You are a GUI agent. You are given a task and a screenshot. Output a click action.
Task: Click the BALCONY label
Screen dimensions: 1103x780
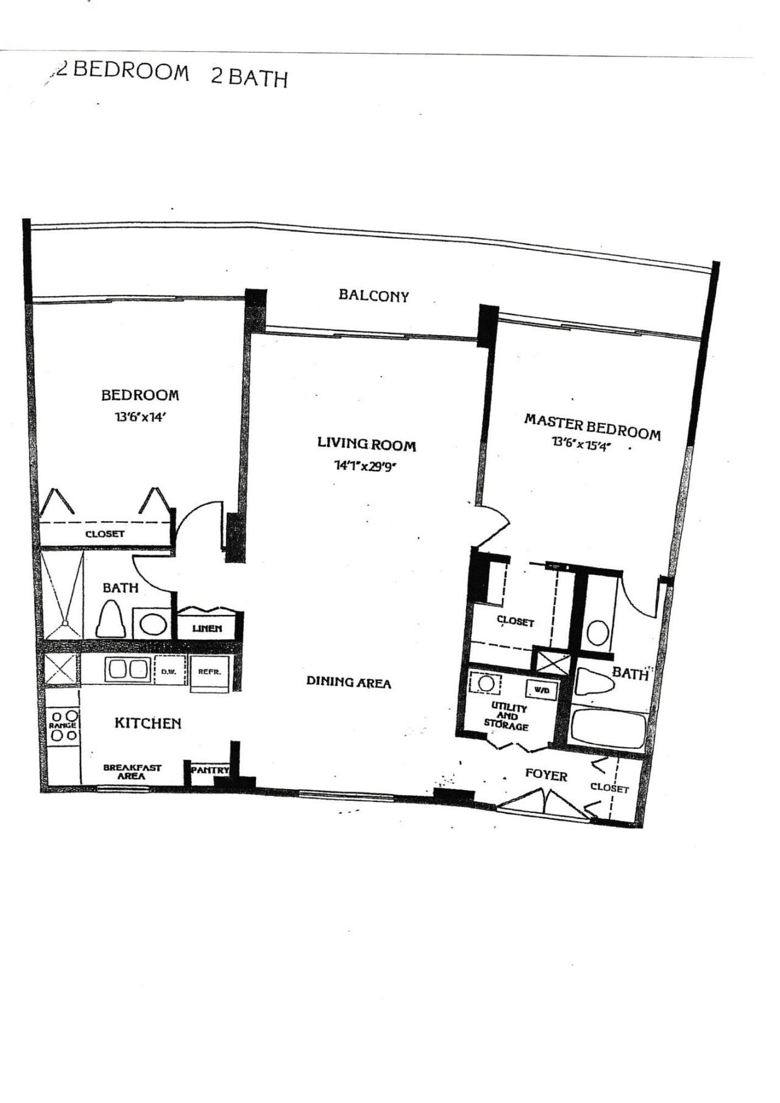point(374,296)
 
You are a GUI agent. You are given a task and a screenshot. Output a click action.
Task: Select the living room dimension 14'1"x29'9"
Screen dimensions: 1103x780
point(366,466)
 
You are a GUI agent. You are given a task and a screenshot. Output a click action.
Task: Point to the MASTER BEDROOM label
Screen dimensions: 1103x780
point(592,426)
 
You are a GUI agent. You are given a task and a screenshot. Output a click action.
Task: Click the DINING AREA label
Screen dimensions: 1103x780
point(349,683)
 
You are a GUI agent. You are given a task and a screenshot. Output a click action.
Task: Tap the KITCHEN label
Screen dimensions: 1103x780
point(148,723)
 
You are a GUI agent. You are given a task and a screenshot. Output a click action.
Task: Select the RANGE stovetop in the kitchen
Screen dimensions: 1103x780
point(63,725)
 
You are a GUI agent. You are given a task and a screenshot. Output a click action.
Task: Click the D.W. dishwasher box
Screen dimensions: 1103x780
point(168,672)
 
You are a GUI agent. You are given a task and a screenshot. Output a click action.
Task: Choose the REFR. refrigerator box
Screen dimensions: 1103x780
point(209,673)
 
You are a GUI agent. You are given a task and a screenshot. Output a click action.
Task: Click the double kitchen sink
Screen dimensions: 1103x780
point(128,670)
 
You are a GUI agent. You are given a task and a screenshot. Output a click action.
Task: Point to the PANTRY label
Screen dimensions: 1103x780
point(210,770)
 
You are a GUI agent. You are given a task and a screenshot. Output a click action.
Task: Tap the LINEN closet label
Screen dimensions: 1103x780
point(207,628)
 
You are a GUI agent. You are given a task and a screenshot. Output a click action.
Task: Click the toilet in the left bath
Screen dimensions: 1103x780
point(112,619)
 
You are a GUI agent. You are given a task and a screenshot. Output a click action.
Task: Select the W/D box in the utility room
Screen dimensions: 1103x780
point(541,690)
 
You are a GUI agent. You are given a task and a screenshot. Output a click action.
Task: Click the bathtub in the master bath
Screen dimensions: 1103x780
point(606,729)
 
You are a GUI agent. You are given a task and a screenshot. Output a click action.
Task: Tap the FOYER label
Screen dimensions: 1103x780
point(546,775)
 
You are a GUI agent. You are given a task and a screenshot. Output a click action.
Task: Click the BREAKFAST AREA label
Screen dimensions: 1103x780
point(132,771)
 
